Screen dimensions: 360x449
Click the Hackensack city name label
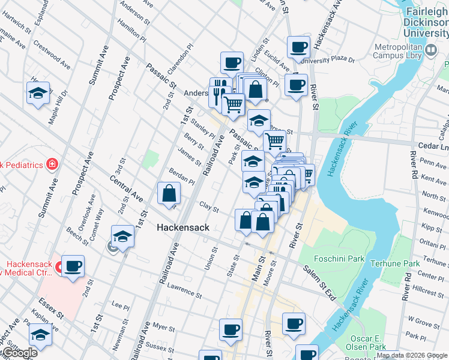(x=182, y=227)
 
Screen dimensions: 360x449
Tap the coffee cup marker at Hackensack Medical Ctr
(x=73, y=266)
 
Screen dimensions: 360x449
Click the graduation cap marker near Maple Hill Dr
(x=37, y=93)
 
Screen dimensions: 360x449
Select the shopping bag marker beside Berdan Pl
(x=169, y=193)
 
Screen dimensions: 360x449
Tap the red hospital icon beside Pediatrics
(x=53, y=164)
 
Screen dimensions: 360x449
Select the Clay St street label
(x=208, y=206)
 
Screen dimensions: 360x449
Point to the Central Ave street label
(x=126, y=188)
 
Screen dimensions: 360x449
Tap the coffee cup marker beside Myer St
(x=231, y=329)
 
